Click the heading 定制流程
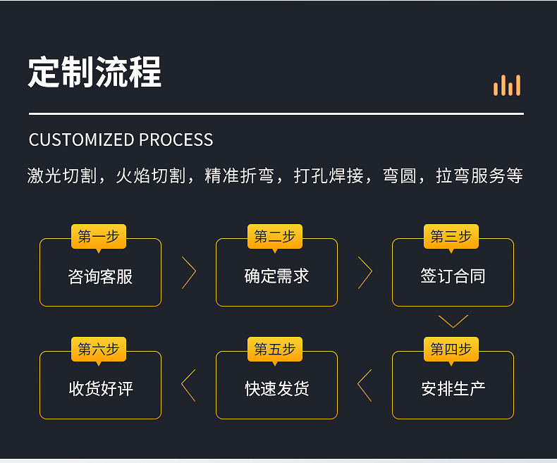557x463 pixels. click(94, 72)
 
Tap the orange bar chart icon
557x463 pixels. click(507, 85)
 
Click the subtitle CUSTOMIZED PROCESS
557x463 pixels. click(121, 140)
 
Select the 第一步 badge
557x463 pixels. click(99, 237)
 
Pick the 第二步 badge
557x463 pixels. click(275, 237)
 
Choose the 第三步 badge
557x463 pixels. click(451, 237)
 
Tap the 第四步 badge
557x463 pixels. click(451, 350)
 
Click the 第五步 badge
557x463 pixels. click(275, 350)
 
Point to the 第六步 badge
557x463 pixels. click(99, 350)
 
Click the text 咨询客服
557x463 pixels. click(100, 276)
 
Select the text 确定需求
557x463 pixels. click(276, 276)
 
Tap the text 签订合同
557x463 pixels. click(453, 276)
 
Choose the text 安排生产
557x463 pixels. click(453, 388)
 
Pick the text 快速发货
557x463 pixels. click(276, 388)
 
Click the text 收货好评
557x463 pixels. click(100, 388)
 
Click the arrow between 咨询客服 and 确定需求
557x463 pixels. click(188, 273)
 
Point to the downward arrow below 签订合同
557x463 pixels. click(453, 321)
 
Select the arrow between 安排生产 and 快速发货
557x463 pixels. click(365, 385)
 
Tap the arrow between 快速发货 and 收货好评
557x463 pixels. click(188, 385)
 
